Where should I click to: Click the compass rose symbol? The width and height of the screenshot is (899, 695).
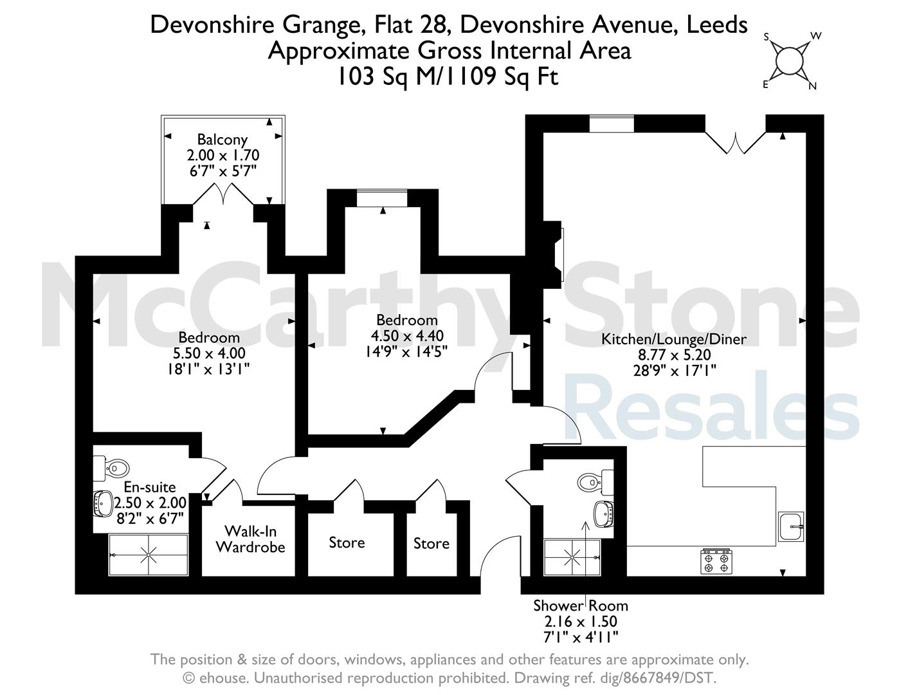pyautogui.click(x=790, y=62)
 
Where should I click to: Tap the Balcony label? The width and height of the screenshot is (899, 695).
pyautogui.click(x=222, y=140)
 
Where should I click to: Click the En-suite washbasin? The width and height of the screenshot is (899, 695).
pyautogui.click(x=103, y=503)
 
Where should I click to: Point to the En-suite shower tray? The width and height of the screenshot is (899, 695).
pyautogui.click(x=148, y=555)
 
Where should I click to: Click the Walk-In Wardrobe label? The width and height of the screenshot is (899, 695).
pyautogui.click(x=250, y=539)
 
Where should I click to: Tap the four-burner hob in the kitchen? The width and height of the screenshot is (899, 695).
pyautogui.click(x=716, y=562)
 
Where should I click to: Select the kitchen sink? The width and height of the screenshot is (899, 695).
pyautogui.click(x=790, y=526)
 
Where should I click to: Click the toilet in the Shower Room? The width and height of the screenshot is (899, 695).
pyautogui.click(x=595, y=482)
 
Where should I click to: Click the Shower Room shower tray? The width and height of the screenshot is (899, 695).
pyautogui.click(x=572, y=557)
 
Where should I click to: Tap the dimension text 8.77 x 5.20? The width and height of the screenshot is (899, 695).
pyautogui.click(x=675, y=355)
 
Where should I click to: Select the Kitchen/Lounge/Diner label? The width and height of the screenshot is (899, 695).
pyautogui.click(x=674, y=339)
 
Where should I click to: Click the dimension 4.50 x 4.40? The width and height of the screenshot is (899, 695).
pyautogui.click(x=407, y=336)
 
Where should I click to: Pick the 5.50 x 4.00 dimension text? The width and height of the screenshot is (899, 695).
pyautogui.click(x=209, y=353)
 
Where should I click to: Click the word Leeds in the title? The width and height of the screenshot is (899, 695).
pyautogui.click(x=717, y=24)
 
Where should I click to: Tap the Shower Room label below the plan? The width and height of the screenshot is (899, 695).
pyautogui.click(x=581, y=606)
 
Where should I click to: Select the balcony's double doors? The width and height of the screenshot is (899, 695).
pyautogui.click(x=223, y=194)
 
